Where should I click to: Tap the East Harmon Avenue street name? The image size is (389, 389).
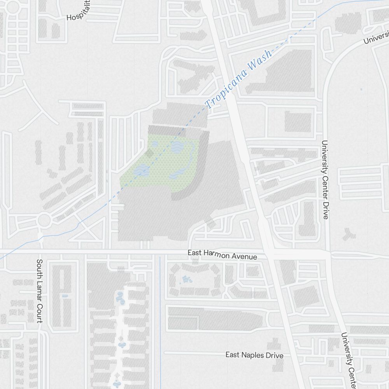click(x=222, y=255)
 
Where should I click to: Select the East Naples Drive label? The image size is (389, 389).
click(x=254, y=355)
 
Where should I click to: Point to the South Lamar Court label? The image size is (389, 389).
click(x=39, y=291)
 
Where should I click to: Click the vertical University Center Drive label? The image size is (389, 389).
click(x=325, y=179)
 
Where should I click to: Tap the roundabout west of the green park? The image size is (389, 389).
click(x=44, y=220)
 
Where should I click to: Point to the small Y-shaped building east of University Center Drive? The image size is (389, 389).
click(x=349, y=234)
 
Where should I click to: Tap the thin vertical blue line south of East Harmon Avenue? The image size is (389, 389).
click(x=160, y=311)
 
